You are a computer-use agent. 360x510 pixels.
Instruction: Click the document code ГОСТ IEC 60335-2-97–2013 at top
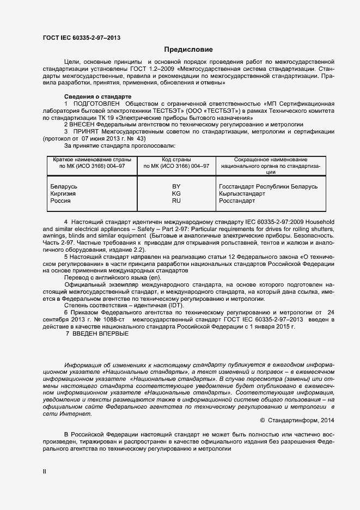82,38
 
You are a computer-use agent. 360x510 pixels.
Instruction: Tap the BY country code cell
176,187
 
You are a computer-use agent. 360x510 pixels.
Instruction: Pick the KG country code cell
176,194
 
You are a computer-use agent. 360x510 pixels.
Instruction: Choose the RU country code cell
176,201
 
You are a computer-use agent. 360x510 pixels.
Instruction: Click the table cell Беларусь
64,187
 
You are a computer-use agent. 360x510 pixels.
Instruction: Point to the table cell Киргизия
63,194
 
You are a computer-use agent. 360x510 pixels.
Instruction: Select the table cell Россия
60,201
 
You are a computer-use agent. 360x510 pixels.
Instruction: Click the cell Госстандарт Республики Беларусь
267,187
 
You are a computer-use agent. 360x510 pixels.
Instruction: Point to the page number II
45,471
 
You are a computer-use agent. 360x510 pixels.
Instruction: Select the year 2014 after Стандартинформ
326,420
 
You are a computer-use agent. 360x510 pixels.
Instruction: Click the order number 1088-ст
113,319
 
